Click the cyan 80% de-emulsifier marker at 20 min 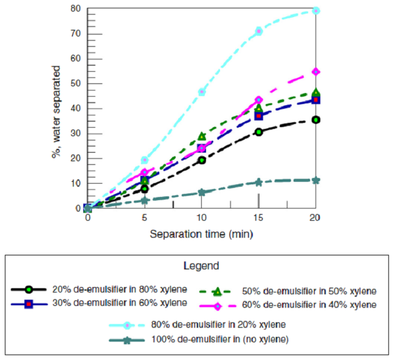[316, 11]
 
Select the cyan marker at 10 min [202, 92]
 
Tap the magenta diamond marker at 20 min [316, 72]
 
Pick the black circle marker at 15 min [259, 132]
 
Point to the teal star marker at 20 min [316, 180]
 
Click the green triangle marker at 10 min [202, 136]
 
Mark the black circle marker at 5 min [145, 189]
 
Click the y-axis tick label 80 [75, 9]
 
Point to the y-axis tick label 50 [75, 84]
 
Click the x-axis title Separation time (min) [202, 234]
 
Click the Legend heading [201, 266]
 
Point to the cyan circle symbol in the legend [126, 325]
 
